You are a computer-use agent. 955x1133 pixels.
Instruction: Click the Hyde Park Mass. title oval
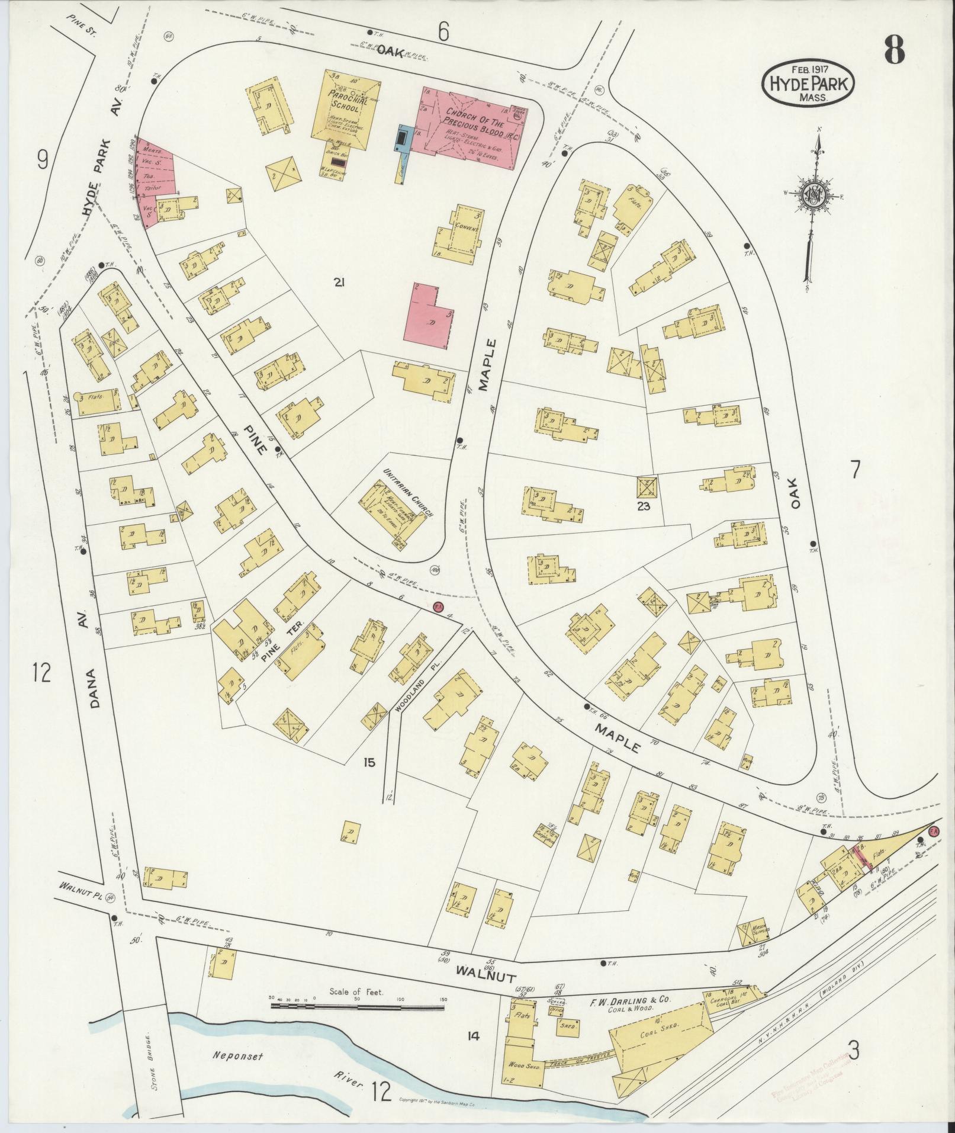(808, 83)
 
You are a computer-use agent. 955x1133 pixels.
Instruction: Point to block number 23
(644, 506)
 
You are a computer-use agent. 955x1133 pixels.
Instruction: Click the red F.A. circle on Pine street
(438, 606)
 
